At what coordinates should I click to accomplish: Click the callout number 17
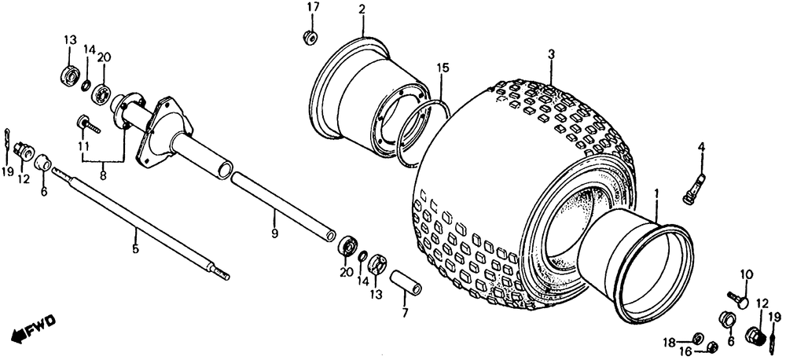pos(308,8)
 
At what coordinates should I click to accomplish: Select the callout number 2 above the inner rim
pos(362,9)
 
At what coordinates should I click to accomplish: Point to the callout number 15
pos(443,68)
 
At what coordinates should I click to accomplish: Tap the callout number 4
pos(701,145)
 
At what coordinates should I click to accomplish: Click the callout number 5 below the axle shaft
pos(135,249)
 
